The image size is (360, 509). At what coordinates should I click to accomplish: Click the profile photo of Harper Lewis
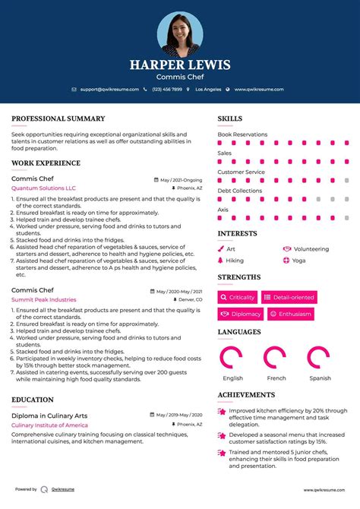pos(180,33)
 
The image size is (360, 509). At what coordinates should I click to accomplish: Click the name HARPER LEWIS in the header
pos(180,65)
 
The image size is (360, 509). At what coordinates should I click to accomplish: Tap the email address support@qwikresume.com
pos(109,89)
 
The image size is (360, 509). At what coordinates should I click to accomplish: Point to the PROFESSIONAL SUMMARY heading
pos(58,119)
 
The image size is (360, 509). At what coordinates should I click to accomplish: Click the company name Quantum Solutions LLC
pos(44,188)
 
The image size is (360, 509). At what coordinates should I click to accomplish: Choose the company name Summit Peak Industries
pos(44,299)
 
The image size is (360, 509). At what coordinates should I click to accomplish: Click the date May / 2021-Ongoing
pos(181,180)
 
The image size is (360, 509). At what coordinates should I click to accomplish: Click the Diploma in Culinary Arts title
pos(49,416)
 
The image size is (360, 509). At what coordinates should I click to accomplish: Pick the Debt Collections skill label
pos(239,191)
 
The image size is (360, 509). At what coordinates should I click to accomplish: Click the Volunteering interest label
pos(311,248)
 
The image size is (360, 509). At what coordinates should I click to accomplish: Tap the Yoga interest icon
pos(287,260)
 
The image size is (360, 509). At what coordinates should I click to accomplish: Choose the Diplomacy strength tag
pos(241,314)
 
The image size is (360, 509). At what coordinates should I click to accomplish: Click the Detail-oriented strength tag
pos(289,297)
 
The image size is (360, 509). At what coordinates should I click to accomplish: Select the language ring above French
pos(275,357)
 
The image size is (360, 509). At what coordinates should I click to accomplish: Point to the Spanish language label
pos(320,378)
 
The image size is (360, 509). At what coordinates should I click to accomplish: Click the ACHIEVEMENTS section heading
pos(246,395)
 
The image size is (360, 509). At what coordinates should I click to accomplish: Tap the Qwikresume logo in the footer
pos(45,490)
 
